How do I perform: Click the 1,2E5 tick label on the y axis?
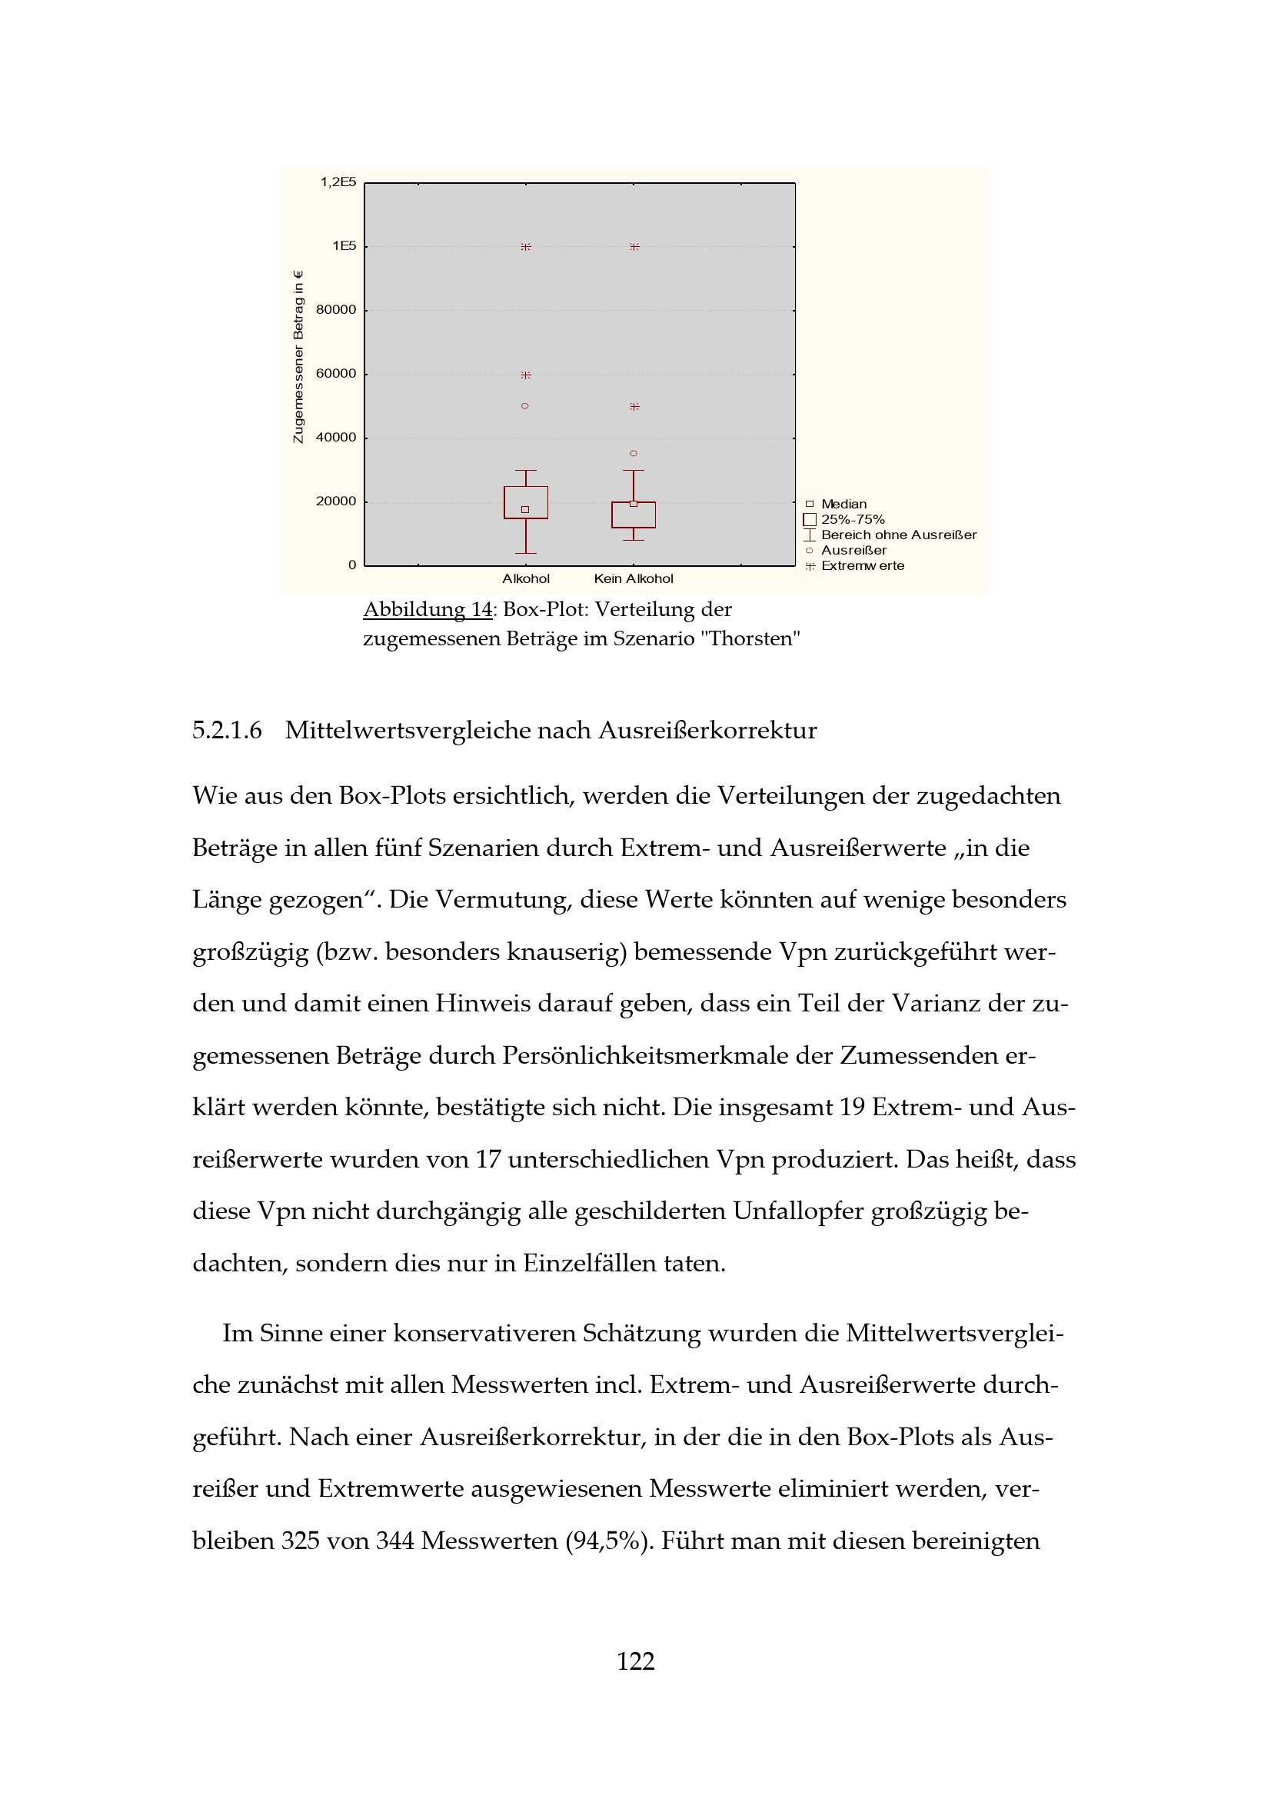click(338, 182)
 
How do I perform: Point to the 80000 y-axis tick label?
click(335, 310)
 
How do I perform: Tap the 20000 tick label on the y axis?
click(335, 501)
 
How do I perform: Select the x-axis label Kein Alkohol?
click(634, 579)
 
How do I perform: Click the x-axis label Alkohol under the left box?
click(525, 579)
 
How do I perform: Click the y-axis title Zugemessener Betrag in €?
click(298, 358)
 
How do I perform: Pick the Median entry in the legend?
click(843, 505)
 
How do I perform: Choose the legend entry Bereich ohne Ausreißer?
click(898, 535)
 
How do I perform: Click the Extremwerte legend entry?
click(862, 566)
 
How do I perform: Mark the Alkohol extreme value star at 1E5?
click(525, 247)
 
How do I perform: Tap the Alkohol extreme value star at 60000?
click(525, 375)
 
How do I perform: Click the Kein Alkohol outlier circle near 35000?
click(634, 454)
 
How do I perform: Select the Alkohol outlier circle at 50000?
click(524, 406)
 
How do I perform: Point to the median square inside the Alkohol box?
click(524, 510)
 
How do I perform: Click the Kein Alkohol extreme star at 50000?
click(634, 407)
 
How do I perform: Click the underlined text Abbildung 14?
click(428, 610)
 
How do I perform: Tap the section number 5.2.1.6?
click(227, 730)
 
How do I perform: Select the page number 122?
click(635, 1661)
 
